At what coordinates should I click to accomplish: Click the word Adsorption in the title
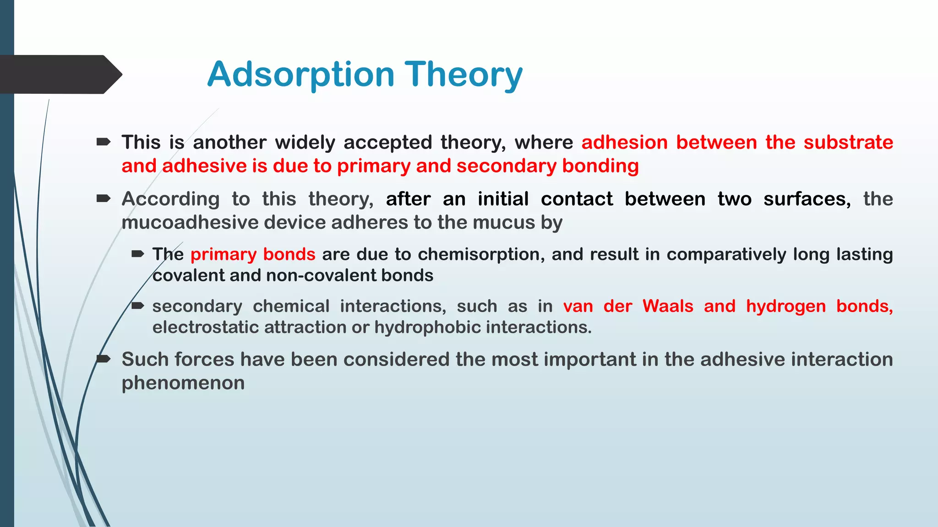300,75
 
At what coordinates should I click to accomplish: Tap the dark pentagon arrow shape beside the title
60,75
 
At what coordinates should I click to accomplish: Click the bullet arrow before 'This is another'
104,142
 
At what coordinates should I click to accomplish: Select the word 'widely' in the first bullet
305,142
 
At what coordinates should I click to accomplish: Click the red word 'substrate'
848,142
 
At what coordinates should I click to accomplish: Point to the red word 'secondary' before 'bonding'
506,166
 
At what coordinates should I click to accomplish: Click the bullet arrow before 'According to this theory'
104,199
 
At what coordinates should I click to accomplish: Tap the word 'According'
170,199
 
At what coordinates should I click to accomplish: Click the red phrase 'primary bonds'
253,254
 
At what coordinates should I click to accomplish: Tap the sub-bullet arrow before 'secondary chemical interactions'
138,306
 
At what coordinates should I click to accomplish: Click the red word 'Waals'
668,306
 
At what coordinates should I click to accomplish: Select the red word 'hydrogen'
785,307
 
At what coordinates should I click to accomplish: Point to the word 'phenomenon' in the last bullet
183,383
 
